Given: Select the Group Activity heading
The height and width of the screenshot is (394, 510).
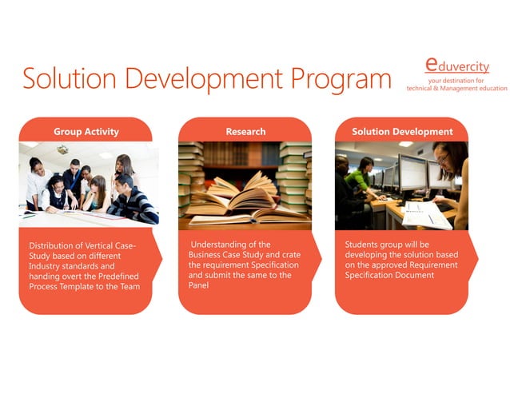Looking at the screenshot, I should point(86,131).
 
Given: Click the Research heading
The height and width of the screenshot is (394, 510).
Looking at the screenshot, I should point(245,131).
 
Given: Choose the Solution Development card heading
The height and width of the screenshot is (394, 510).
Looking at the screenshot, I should point(402,131).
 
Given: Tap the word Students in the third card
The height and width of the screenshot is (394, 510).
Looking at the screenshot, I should point(365,245).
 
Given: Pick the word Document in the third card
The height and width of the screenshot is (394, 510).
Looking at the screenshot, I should point(416,275).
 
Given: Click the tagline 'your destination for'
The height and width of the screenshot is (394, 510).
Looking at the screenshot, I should point(456,80).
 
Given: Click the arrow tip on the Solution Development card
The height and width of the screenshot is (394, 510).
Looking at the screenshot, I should point(477,257).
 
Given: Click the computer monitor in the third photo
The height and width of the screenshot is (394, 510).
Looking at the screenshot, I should point(412,171).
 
